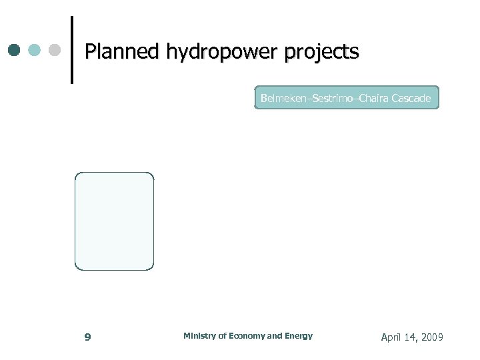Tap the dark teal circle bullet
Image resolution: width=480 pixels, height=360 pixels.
[x=15, y=51]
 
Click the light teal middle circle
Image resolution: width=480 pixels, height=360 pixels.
[x=35, y=51]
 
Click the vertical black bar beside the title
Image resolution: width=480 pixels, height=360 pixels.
[x=71, y=50]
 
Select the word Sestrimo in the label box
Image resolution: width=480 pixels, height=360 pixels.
[x=334, y=99]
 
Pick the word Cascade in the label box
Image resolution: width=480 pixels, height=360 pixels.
[x=411, y=99]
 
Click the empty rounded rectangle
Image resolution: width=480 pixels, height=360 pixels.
[x=114, y=221]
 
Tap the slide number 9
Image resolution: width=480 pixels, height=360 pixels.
[x=87, y=337]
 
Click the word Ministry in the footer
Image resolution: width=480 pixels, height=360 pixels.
[x=199, y=336]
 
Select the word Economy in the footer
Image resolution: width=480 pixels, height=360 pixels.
[x=247, y=336]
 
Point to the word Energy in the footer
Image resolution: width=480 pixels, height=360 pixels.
[x=299, y=336]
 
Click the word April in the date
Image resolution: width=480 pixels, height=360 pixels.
[x=391, y=337]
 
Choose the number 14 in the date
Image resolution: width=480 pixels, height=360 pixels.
[x=411, y=337]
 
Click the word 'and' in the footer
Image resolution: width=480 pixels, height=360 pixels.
[x=274, y=336]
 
